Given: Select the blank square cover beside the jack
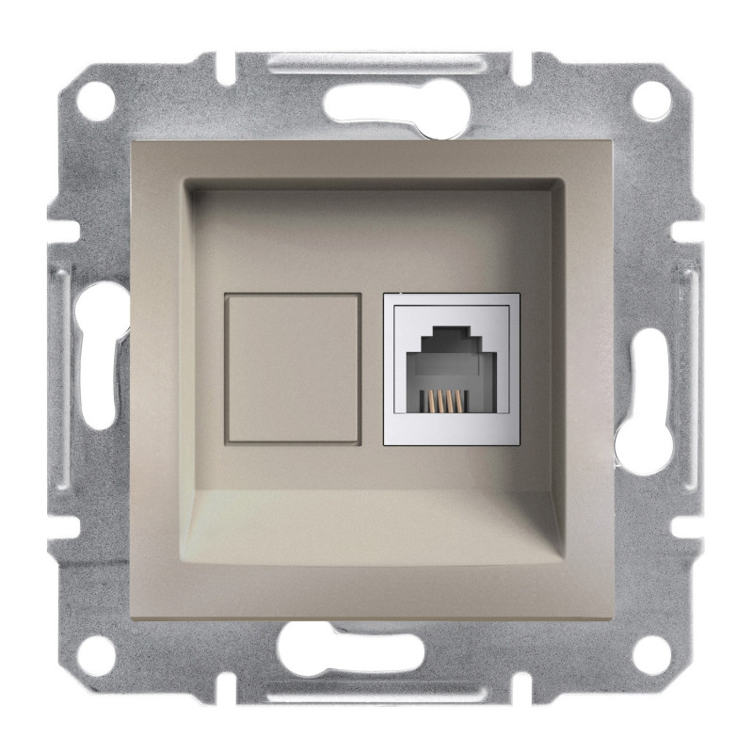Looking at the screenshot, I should coord(293,367).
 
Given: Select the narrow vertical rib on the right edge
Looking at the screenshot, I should coord(694,376).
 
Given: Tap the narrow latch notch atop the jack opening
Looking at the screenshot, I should coord(452,330).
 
